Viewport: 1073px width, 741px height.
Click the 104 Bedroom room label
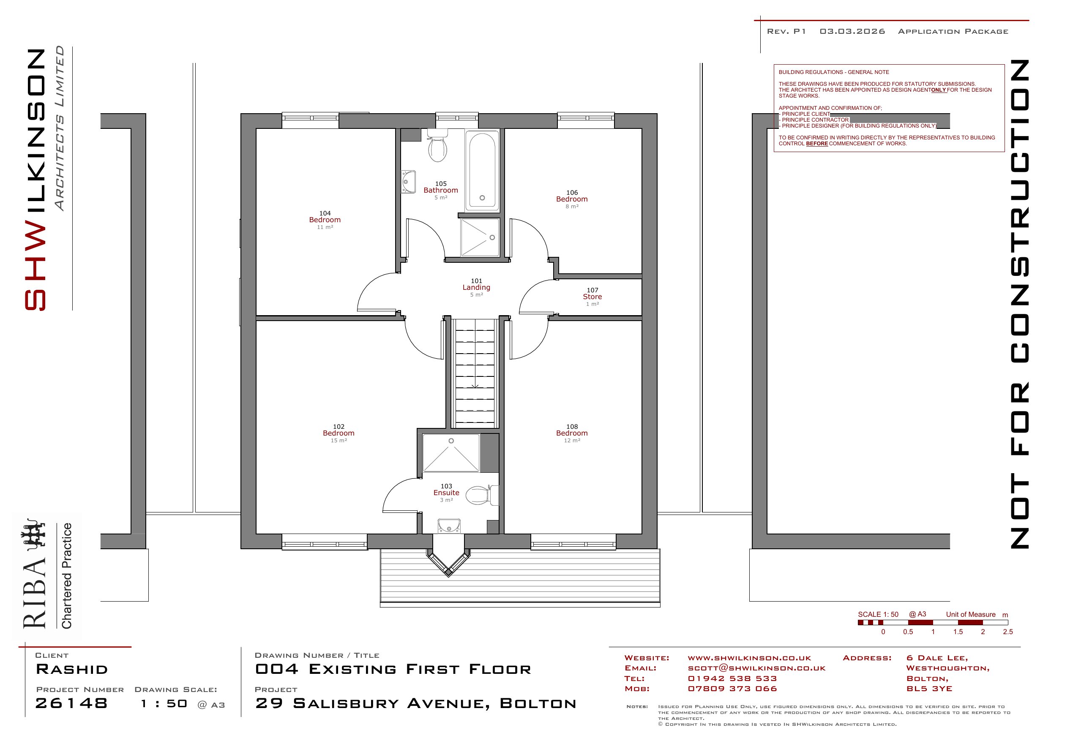coord(325,220)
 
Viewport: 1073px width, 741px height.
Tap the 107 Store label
coord(592,297)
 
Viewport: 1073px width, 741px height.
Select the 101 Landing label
coord(476,287)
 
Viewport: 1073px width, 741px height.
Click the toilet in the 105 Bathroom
coord(437,145)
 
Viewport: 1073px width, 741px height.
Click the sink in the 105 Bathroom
coord(408,182)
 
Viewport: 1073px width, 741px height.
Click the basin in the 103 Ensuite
coord(449,526)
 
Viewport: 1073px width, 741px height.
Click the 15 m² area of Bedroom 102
coord(339,441)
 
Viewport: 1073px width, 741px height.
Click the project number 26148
coord(71,703)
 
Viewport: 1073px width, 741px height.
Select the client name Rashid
coord(72,669)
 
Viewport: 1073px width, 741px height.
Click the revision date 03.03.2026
coord(852,32)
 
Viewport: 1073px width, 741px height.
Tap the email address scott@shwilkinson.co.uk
coord(756,668)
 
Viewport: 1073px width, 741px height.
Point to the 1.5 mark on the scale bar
coord(958,632)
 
